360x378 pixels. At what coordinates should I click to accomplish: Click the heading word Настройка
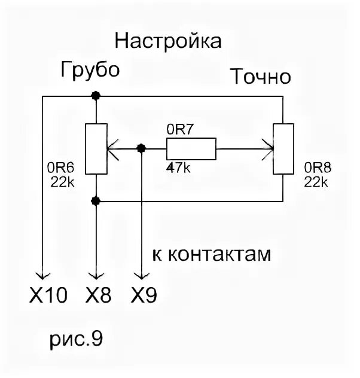168,41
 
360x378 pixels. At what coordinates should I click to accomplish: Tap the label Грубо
90,69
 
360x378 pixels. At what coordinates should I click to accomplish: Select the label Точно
261,77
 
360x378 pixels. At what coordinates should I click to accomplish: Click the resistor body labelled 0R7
191,148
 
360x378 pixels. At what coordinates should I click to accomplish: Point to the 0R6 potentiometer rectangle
95,148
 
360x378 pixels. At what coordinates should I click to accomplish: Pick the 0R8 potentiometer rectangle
282,148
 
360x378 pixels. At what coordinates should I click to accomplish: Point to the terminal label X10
48,295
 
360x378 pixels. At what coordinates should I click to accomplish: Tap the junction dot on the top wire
95,96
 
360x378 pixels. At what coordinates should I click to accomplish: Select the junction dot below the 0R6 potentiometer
95,200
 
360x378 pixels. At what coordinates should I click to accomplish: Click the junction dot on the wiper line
141,148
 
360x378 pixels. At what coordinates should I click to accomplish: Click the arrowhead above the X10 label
42,274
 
